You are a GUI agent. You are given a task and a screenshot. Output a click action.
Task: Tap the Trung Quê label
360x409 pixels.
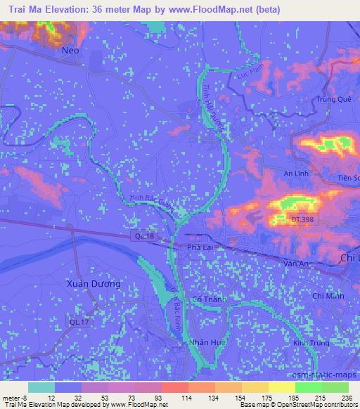(333, 99)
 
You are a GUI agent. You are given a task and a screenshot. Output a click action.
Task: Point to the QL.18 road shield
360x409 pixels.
(144, 238)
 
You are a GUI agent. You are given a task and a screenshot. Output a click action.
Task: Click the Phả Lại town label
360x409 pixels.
(200, 248)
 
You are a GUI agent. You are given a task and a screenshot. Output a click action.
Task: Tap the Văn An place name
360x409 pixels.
(295, 262)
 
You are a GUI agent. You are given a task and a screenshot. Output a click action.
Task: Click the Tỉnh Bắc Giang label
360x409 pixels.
(150, 202)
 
